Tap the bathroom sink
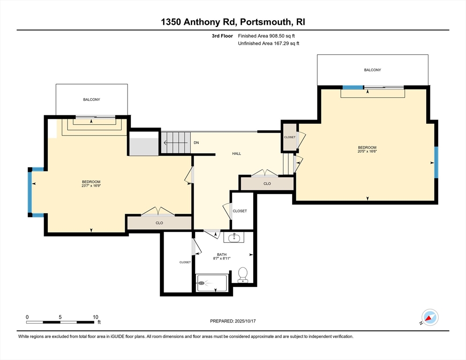[x=234, y=237]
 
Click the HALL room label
[x=237, y=154]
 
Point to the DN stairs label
[x=196, y=142]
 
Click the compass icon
[x=430, y=317]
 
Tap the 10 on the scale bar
[x=95, y=317]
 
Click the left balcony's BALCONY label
[x=91, y=99]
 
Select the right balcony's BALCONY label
[x=372, y=70]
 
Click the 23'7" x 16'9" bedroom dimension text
[x=91, y=186]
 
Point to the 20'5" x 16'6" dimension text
[x=367, y=151]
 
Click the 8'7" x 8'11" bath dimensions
[x=222, y=258]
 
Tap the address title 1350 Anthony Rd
[x=198, y=22]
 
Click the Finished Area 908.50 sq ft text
[x=266, y=36]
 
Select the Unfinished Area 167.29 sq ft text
[x=269, y=44]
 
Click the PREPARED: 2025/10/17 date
[x=233, y=321]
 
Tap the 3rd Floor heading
[x=222, y=36]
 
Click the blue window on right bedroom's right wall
[x=436, y=162]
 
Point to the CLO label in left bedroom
[x=159, y=223]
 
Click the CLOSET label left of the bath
[x=185, y=262]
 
